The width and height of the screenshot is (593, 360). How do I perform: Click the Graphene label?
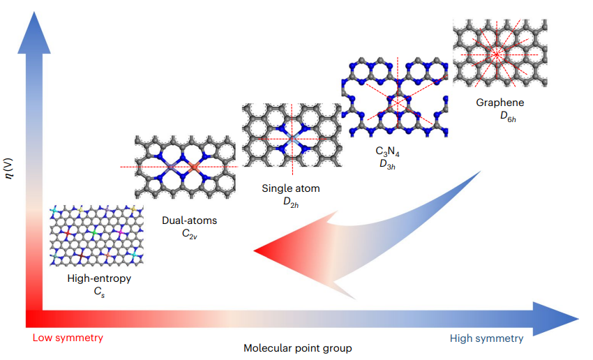[x=500, y=103]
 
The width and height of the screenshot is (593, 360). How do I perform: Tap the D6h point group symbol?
[x=508, y=117]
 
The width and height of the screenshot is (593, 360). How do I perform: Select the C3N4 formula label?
[x=387, y=151]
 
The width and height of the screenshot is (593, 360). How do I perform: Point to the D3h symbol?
[x=387, y=165]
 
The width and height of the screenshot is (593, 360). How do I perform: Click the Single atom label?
[x=291, y=188]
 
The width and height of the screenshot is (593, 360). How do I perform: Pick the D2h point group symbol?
[x=291, y=202]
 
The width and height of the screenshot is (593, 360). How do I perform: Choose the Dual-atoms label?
[x=190, y=220]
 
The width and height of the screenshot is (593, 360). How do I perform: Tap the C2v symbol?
[x=190, y=234]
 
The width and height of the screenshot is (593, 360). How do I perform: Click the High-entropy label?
[x=99, y=278]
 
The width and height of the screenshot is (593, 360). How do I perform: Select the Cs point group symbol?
[x=99, y=292]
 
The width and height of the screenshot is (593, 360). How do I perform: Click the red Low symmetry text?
[x=68, y=338]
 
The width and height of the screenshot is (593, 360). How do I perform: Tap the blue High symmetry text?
[x=486, y=338]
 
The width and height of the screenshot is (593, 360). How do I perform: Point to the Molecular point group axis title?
[x=298, y=348]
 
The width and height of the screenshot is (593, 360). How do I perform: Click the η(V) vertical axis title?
[x=8, y=168]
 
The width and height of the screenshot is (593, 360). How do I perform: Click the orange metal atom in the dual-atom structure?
[x=194, y=166]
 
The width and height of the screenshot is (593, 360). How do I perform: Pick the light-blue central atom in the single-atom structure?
[x=292, y=139]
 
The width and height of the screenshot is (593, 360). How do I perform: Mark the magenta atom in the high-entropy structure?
[x=121, y=232]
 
